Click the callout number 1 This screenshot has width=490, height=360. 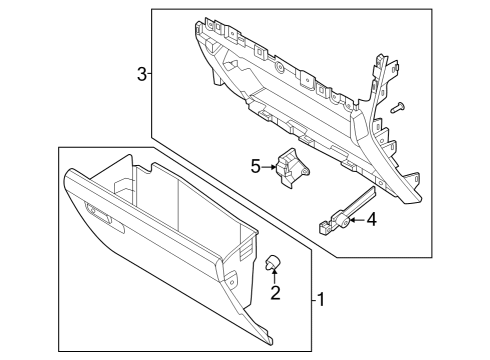pos(321,299)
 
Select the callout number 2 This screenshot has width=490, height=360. pos(274,295)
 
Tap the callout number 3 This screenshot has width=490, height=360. pos(142,73)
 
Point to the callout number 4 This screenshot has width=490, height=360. pos(371,219)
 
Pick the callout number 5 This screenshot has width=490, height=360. pos(255,166)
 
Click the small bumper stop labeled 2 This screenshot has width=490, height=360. pos(272,263)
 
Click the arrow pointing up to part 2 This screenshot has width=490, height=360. pos(273,278)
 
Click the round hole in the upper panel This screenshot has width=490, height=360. pos(280,70)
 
